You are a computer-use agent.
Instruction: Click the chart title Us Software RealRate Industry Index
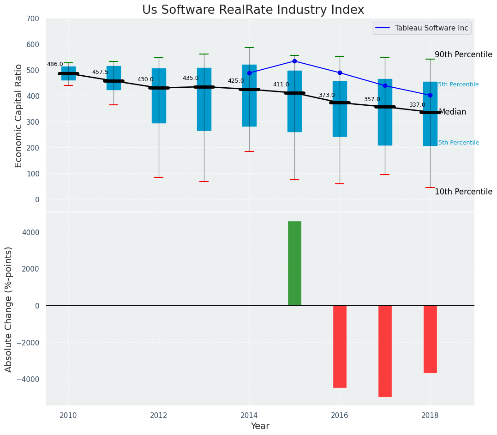point(253,10)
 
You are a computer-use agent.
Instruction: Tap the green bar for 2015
point(294,263)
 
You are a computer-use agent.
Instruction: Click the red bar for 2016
point(340,346)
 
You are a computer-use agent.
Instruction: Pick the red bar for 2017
point(385,351)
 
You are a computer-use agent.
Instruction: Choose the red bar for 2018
point(430,339)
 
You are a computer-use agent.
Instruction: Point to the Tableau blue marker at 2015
point(294,61)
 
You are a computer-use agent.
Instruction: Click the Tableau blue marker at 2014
point(249,73)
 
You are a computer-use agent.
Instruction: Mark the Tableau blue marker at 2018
point(430,95)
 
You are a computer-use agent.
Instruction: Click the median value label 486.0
point(55,64)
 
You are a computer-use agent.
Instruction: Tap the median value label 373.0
point(327,95)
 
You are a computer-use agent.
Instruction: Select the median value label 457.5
point(100,72)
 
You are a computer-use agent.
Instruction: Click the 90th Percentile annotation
point(463,54)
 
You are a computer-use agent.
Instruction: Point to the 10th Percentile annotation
point(463,192)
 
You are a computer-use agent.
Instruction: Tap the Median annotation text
point(452,112)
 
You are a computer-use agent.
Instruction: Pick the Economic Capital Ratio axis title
point(19,115)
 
